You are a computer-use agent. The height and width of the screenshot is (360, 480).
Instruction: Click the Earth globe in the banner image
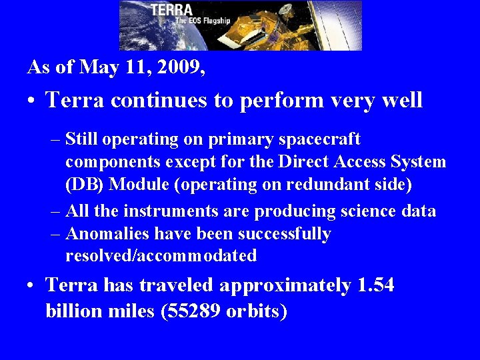(140, 33)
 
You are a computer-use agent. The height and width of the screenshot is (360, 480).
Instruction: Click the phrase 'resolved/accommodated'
(161, 256)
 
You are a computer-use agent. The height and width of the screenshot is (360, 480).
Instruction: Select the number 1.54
(375, 286)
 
